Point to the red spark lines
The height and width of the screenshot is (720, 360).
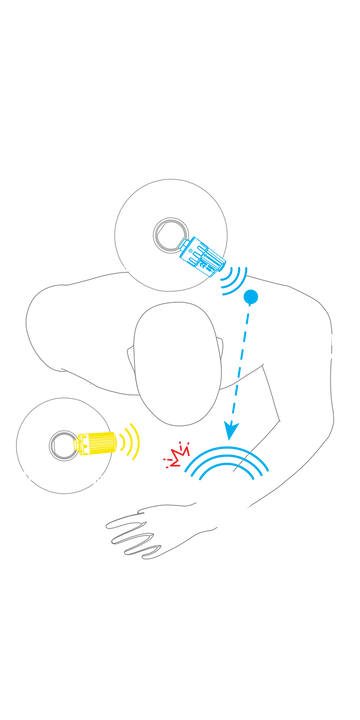coord(177,455)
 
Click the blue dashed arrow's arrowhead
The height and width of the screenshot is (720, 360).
coord(228,434)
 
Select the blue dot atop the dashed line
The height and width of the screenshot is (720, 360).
coord(250,296)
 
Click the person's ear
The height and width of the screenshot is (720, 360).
coord(129,355)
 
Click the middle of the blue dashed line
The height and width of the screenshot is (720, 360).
coord(239,364)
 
